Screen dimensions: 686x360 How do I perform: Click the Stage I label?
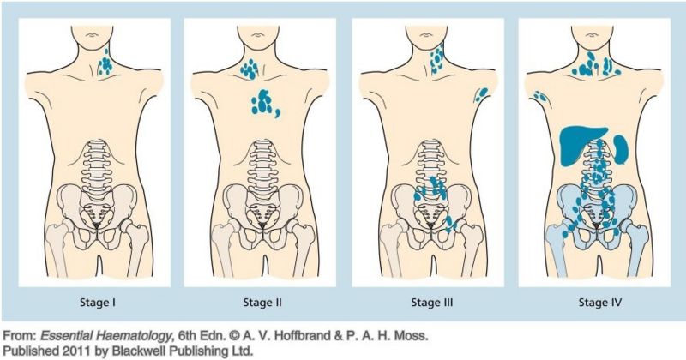pos(98,303)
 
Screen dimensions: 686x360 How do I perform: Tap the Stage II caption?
pos(262,303)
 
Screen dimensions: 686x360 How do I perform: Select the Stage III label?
pos(432,303)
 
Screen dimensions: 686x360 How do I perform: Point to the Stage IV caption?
pos(599,303)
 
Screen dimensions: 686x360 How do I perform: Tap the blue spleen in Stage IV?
pos(621,149)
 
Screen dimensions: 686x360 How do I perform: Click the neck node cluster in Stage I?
pos(105,64)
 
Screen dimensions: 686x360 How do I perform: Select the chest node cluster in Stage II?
pos(264,104)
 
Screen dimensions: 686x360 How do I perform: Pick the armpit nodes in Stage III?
pos(481,94)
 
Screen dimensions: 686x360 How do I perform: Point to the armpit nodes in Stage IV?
pos(540,96)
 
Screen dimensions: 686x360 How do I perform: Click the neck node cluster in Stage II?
pos(250,69)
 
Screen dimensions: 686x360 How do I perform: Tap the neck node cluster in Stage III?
pos(437,58)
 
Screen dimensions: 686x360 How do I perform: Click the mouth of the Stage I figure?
pos(92,35)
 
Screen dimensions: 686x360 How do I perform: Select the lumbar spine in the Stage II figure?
pos(262,166)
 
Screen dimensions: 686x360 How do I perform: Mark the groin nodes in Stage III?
pos(451,224)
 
